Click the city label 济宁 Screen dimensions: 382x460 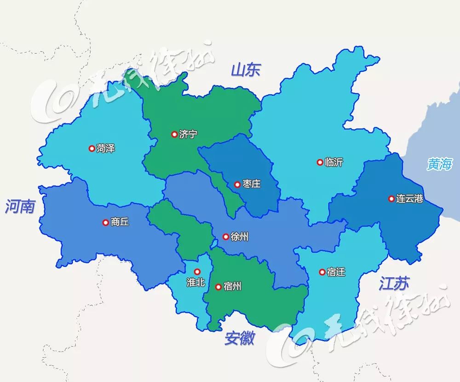pyautogui.click(x=189, y=134)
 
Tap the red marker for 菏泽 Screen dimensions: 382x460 pyautogui.click(x=92, y=148)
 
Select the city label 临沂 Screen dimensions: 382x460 pyautogui.click(x=333, y=162)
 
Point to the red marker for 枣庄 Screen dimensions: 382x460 pyautogui.click(x=237, y=185)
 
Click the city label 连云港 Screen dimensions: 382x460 pyautogui.click(x=409, y=199)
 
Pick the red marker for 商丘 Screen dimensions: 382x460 pyautogui.click(x=105, y=222)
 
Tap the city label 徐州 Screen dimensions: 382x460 pyautogui.click(x=240, y=237)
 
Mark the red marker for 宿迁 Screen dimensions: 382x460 pyautogui.click(x=322, y=272)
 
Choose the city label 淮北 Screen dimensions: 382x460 pyautogui.click(x=196, y=282)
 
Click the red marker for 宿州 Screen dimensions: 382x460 pyautogui.click(x=218, y=287)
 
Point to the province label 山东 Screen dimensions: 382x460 pyautogui.click(x=246, y=70)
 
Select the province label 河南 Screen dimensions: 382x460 pyautogui.click(x=20, y=207)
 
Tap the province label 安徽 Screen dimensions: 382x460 pyautogui.click(x=240, y=339)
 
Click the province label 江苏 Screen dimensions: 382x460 pyautogui.click(x=394, y=284)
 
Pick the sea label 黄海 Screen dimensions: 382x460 pyautogui.click(x=439, y=164)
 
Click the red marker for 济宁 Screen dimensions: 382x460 pyautogui.click(x=174, y=134)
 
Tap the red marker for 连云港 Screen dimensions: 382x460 pyautogui.click(x=391, y=199)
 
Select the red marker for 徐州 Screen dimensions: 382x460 pyautogui.click(x=226, y=237)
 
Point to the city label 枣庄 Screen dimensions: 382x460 pyautogui.click(x=252, y=185)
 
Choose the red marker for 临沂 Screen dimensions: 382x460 pyautogui.click(x=320, y=162)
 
